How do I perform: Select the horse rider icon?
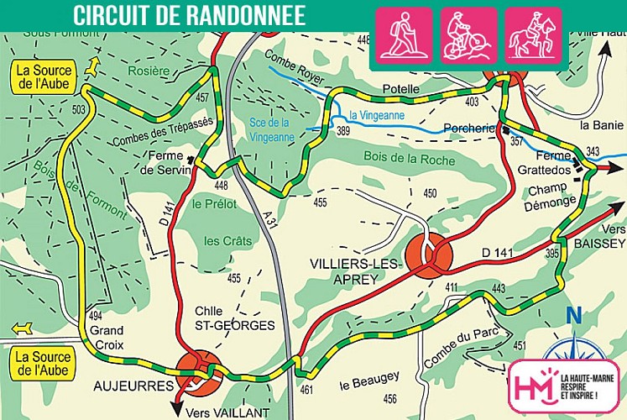[x=534, y=36]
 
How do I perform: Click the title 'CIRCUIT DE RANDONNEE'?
[x=189, y=15]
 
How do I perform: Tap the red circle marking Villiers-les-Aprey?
[x=429, y=255]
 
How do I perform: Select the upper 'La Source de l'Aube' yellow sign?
[x=43, y=77]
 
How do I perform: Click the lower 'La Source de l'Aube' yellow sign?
[x=43, y=363]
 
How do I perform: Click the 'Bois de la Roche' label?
[x=410, y=159]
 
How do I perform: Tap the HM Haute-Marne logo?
[x=562, y=387]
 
